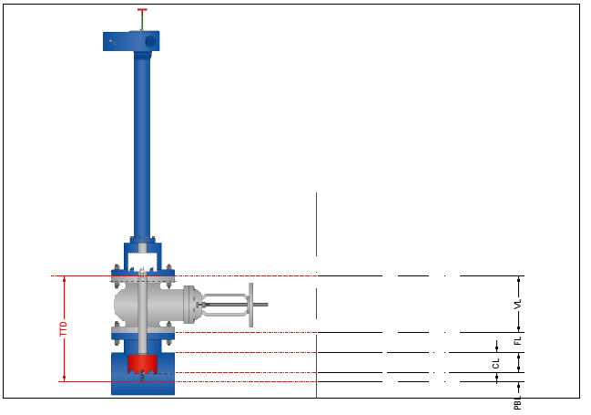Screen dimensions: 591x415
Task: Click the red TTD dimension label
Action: (64, 328)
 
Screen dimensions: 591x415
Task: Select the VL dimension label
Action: (518, 304)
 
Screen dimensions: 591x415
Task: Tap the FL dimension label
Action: (518, 340)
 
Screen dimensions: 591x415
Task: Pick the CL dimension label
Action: (495, 364)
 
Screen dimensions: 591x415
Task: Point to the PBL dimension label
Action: (518, 403)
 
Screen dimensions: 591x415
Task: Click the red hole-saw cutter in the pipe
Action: (142, 364)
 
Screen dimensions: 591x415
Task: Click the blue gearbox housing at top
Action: (131, 41)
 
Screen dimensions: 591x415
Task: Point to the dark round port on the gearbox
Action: (150, 41)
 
